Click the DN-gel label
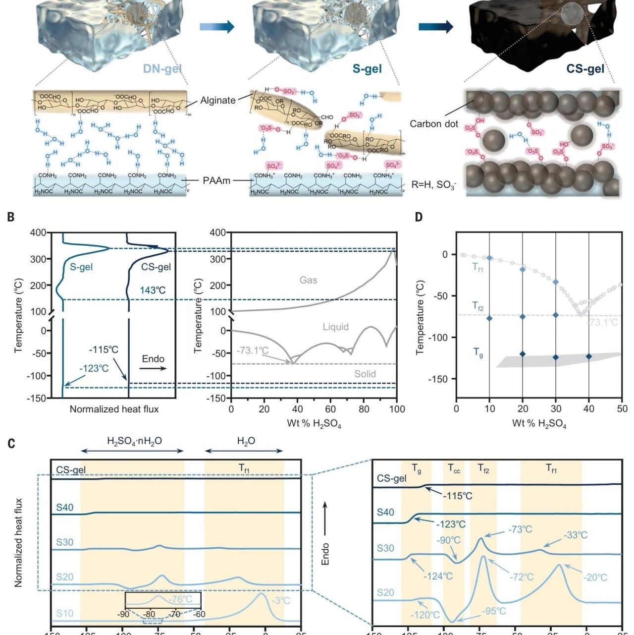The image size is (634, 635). click(162, 68)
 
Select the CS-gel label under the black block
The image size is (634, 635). click(585, 68)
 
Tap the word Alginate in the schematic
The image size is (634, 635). click(218, 100)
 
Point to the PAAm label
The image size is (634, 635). click(216, 180)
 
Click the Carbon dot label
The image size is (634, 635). click(434, 124)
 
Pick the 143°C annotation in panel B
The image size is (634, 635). click(153, 290)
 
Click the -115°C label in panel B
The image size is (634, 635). click(104, 349)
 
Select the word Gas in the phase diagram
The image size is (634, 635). click(308, 280)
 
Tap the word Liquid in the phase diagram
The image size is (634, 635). click(336, 327)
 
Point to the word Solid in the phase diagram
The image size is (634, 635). click(365, 374)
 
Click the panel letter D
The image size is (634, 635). click(419, 217)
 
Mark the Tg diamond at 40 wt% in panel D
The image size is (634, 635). click(589, 356)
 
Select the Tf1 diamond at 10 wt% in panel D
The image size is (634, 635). click(489, 258)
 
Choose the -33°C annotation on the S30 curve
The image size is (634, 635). click(575, 535)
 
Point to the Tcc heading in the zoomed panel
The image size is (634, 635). click(454, 468)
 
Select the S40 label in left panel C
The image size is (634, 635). click(64, 508)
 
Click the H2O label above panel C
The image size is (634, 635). click(246, 441)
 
